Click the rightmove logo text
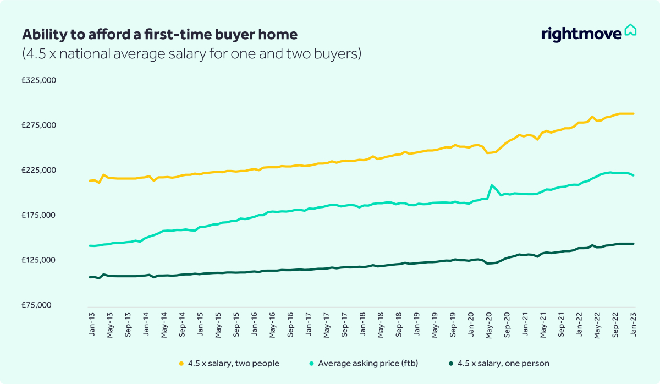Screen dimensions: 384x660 581,34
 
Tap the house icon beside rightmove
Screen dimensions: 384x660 630,30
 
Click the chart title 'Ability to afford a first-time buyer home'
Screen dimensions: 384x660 159,35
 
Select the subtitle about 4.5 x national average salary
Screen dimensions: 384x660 191,54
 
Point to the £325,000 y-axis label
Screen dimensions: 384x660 39,80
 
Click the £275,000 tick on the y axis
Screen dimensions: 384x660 39,125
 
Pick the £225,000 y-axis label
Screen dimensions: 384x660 39,171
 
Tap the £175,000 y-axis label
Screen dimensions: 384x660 39,215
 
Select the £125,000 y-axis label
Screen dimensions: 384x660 39,260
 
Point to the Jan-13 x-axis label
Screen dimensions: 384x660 91,325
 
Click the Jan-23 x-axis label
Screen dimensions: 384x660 634,325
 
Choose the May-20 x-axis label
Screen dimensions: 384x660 489,325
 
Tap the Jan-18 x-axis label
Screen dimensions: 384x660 362,325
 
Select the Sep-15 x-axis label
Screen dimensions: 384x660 236,325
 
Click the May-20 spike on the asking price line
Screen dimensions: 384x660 492,185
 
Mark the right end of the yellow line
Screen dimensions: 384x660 634,114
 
